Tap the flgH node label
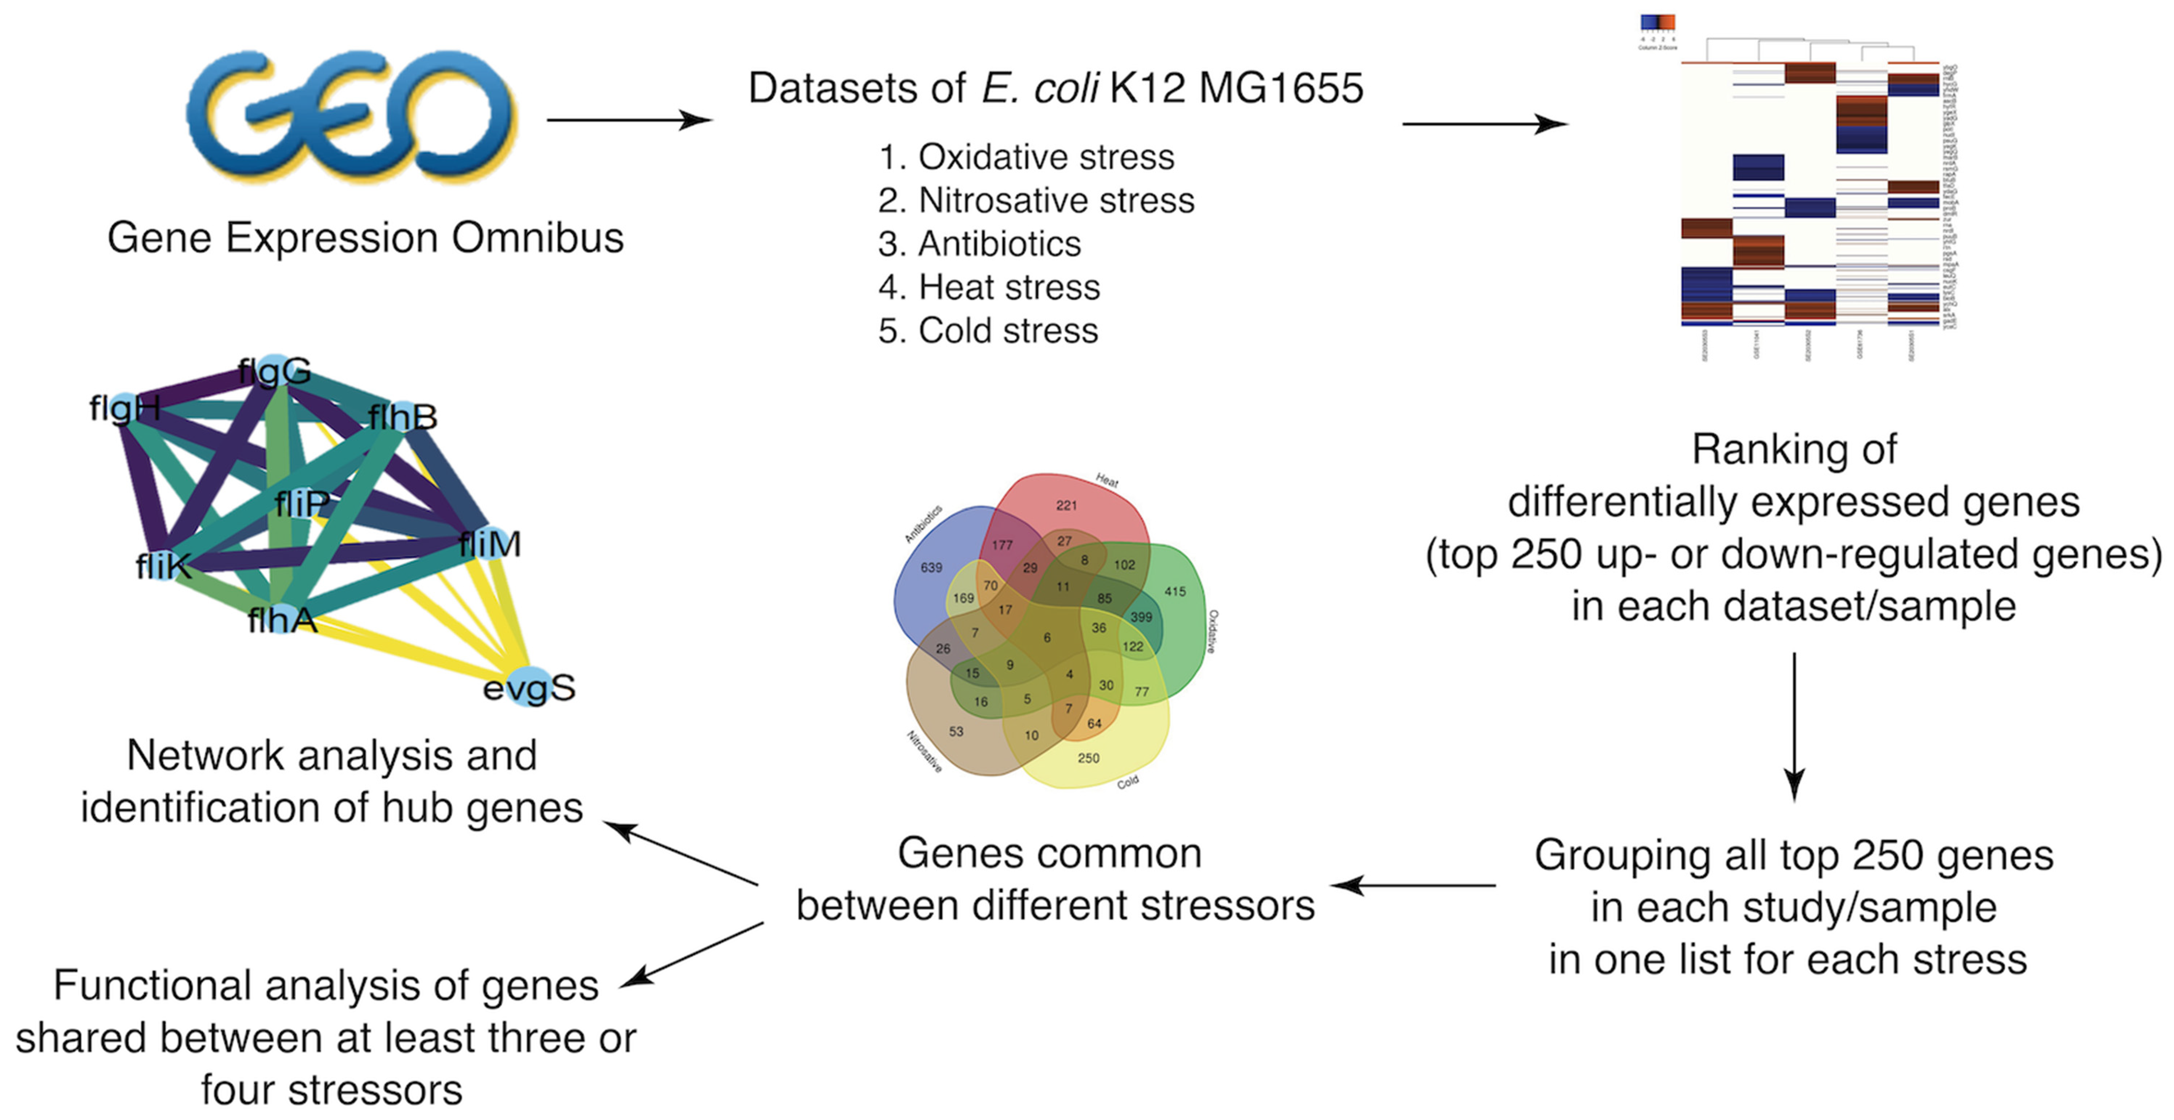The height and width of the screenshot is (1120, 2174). click(x=125, y=409)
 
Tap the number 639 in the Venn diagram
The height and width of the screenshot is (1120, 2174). click(x=931, y=567)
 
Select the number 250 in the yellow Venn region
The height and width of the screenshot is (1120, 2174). click(x=1089, y=758)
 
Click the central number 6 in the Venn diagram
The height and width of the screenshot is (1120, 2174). click(x=1047, y=637)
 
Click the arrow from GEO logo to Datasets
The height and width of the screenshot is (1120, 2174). click(x=629, y=120)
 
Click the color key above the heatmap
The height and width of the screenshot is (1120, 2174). click(x=1657, y=23)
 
